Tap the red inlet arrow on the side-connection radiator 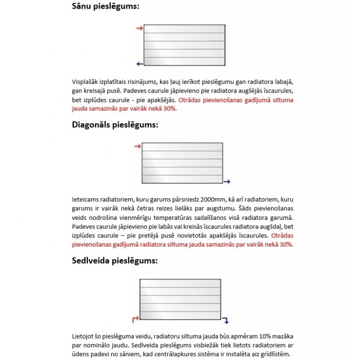coord(140,29)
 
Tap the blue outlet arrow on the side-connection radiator coord(140,63)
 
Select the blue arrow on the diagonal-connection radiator coord(227,181)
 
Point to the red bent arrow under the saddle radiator coord(135,319)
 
